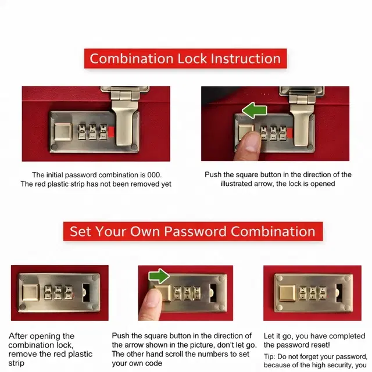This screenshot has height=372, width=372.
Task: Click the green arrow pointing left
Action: [255, 110]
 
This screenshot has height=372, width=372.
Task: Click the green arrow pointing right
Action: [159, 276]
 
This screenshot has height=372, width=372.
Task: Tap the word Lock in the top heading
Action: [192, 59]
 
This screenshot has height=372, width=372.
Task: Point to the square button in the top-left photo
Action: [63, 132]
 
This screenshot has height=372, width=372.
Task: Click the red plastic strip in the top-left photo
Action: [111, 132]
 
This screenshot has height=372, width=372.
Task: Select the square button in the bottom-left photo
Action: [31, 292]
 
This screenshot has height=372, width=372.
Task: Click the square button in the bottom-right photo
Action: [287, 294]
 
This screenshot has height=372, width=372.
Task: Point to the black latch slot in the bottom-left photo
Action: [86, 293]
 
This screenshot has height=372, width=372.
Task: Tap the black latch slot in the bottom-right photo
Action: [339, 293]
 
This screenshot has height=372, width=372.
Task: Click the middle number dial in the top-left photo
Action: [92, 131]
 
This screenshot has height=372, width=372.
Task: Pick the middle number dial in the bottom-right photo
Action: [313, 293]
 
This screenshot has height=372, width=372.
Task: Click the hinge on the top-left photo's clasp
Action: [125, 95]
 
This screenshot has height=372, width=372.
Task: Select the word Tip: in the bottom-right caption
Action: [270, 356]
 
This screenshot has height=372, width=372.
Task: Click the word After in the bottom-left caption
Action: [18, 336]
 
